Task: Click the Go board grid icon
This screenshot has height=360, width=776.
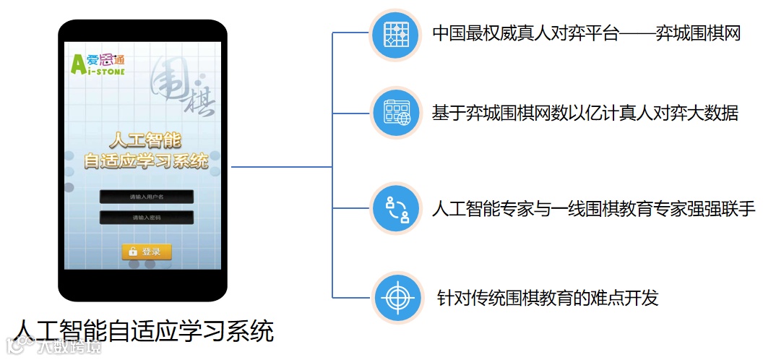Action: click(x=396, y=34)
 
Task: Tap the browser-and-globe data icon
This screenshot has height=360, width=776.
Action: click(x=396, y=113)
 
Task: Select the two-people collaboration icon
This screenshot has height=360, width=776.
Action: click(x=396, y=209)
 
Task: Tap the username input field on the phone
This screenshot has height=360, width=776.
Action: click(x=147, y=197)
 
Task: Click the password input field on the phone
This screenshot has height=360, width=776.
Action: click(x=147, y=218)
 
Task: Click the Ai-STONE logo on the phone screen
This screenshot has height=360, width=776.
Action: click(x=98, y=64)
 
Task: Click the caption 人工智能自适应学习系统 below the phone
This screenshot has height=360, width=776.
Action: click(x=144, y=331)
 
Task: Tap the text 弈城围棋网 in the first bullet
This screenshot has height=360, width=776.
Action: click(x=698, y=33)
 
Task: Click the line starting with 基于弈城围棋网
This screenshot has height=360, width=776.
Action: click(x=585, y=113)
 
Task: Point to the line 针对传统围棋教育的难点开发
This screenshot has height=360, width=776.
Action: click(x=548, y=298)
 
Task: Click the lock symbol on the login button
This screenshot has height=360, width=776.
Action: click(x=132, y=252)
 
